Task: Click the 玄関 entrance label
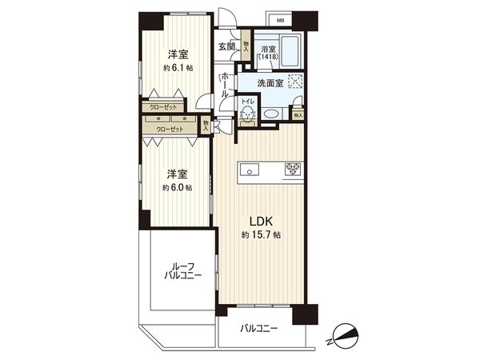pyautogui.click(x=226, y=46)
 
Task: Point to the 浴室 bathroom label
pyautogui.click(x=270, y=49)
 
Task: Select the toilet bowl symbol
pyautogui.click(x=248, y=115)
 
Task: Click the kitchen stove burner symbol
pyautogui.click(x=292, y=168)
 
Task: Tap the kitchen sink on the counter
pyautogui.click(x=248, y=169)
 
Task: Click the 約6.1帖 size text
pyautogui.click(x=178, y=68)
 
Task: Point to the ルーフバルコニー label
pyautogui.click(x=181, y=270)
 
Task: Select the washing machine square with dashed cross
pyautogui.click(x=296, y=81)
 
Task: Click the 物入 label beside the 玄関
pyautogui.click(x=246, y=47)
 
